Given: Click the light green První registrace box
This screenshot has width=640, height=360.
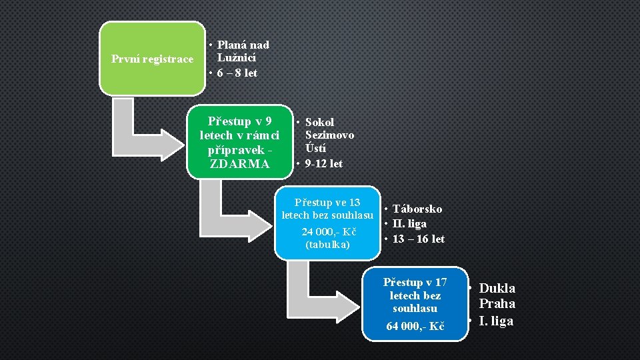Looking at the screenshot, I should pyautogui.click(x=152, y=59).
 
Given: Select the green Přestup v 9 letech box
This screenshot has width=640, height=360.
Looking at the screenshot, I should pyautogui.click(x=239, y=142).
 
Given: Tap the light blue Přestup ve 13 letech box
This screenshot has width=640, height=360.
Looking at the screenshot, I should pyautogui.click(x=327, y=223).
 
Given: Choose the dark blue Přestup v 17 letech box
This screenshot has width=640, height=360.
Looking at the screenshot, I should pyautogui.click(x=415, y=300).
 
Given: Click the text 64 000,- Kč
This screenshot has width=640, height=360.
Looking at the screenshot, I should pyautogui.click(x=415, y=327).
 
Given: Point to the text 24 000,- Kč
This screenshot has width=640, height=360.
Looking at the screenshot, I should pyautogui.click(x=329, y=232).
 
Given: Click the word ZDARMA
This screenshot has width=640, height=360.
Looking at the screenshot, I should pyautogui.click(x=239, y=164).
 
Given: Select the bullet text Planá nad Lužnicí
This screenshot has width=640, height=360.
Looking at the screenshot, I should pyautogui.click(x=242, y=51).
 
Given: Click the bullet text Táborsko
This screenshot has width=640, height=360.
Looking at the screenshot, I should pyautogui.click(x=417, y=209).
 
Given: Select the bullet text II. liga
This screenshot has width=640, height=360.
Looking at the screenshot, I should pyautogui.click(x=409, y=224).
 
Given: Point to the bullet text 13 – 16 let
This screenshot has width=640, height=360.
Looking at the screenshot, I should pyautogui.click(x=418, y=239).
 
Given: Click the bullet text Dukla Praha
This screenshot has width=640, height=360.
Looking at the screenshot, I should pyautogui.click(x=497, y=296).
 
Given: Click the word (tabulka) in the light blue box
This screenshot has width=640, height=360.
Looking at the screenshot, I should pyautogui.click(x=327, y=245).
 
